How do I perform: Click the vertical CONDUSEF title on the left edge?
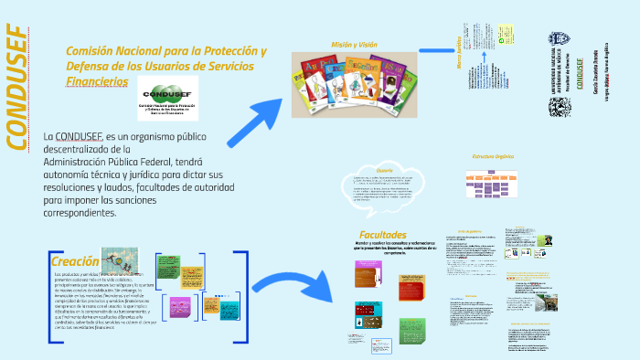17,86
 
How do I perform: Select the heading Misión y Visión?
354,44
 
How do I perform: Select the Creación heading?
75,262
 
